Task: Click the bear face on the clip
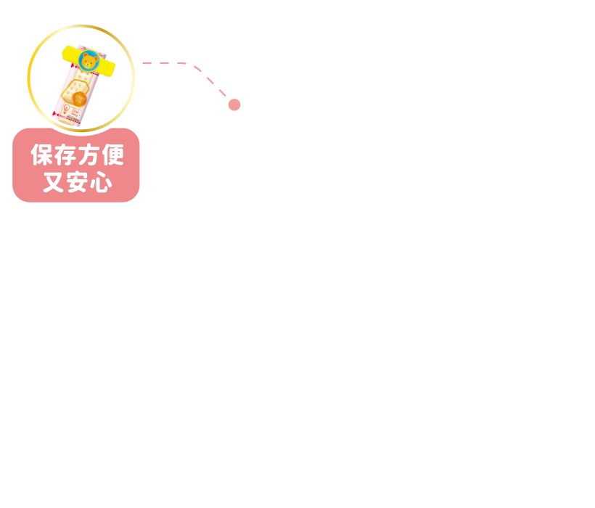coord(89,61)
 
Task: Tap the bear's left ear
coord(85,55)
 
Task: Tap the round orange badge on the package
coord(79,99)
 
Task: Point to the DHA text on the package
coord(75,111)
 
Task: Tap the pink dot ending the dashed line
coord(234,105)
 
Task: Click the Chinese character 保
coord(42,155)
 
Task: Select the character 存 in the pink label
coord(65,155)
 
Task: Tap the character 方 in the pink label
coord(89,155)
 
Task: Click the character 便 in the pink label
coord(112,155)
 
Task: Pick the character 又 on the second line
coord(54,182)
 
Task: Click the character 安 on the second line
coord(78,182)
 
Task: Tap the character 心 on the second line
coord(101,182)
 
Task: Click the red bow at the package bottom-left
coord(55,113)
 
